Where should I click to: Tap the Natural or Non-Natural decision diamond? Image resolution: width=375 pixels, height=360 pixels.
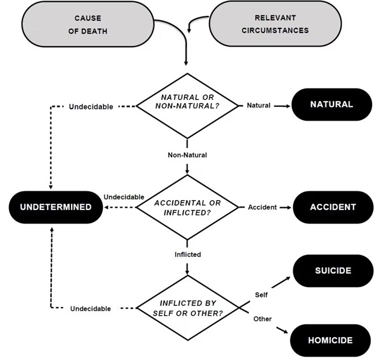pyautogui.click(x=188, y=105)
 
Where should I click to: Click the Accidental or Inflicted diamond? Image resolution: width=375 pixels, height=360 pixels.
pyautogui.click(x=188, y=207)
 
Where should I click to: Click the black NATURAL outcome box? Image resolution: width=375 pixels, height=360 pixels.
pyautogui.click(x=331, y=105)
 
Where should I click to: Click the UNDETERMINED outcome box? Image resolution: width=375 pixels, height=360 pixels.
pyautogui.click(x=55, y=207)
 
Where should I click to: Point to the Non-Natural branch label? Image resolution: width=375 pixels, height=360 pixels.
pyautogui.click(x=188, y=155)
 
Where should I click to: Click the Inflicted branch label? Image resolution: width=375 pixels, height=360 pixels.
pyautogui.click(x=188, y=254)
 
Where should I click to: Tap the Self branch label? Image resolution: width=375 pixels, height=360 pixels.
pyautogui.click(x=261, y=295)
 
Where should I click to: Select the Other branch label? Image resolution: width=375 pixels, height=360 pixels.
pyautogui.click(x=262, y=319)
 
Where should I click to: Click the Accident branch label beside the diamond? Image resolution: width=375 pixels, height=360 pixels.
pyautogui.click(x=262, y=207)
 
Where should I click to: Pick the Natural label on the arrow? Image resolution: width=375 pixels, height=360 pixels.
pyautogui.click(x=259, y=105)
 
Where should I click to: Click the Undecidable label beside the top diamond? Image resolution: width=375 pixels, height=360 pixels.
pyautogui.click(x=91, y=106)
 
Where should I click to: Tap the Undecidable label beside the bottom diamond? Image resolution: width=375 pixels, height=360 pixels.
pyautogui.click(x=91, y=309)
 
